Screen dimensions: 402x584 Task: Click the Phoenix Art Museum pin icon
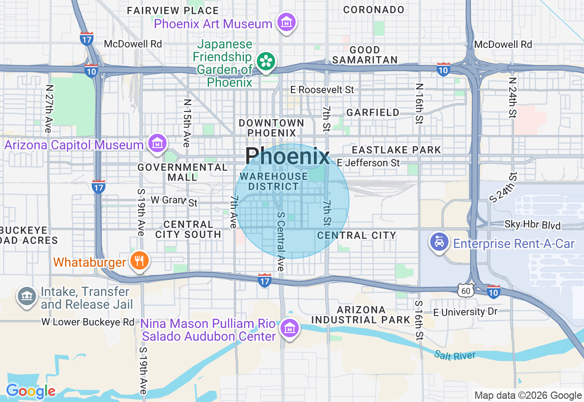(x=287, y=22)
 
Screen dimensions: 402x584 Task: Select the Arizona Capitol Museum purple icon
(x=157, y=143)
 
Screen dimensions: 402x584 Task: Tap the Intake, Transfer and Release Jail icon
(x=26, y=296)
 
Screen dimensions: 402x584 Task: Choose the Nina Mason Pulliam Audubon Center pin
(x=289, y=328)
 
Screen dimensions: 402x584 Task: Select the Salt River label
(x=454, y=355)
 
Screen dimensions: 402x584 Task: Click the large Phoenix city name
(x=287, y=157)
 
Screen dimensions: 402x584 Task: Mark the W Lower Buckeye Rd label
(x=88, y=322)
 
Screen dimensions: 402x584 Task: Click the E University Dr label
(x=465, y=312)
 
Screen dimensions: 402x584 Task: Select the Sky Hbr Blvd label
(x=532, y=225)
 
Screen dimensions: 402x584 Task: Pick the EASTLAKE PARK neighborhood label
(x=396, y=150)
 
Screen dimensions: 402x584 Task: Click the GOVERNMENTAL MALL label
(x=182, y=172)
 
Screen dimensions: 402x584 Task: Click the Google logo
(x=31, y=391)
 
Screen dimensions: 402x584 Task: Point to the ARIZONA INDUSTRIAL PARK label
(x=361, y=315)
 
